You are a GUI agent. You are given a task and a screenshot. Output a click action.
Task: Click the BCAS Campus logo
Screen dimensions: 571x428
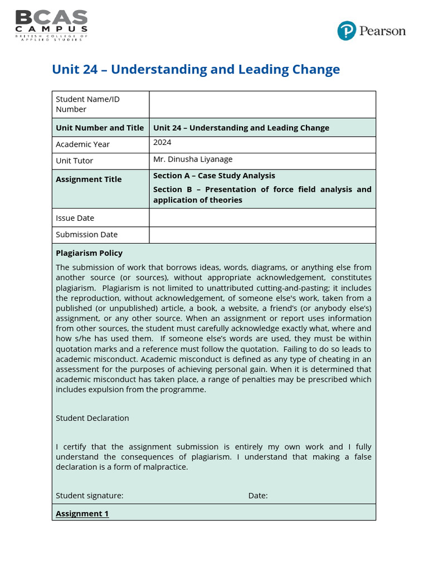click(51, 25)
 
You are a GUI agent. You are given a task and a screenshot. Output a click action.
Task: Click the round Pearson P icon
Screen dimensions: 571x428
click(346, 31)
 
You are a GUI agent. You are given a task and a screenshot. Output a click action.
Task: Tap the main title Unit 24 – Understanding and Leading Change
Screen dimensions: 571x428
click(196, 70)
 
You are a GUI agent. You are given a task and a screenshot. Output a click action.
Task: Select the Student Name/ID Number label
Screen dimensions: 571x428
click(87, 104)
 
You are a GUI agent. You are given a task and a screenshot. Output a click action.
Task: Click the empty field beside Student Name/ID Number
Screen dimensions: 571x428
click(262, 104)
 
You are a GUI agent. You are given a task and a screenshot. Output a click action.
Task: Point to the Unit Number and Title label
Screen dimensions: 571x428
click(100, 128)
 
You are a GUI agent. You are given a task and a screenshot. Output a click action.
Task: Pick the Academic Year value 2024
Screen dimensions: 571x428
click(162, 143)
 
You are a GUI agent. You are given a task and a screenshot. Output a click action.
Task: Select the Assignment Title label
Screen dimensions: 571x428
click(89, 179)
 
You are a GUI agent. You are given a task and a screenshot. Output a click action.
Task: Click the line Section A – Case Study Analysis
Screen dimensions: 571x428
click(214, 176)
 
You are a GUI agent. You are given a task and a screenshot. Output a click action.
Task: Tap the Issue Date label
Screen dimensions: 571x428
click(75, 218)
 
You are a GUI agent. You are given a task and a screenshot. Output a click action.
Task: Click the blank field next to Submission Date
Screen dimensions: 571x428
click(262, 235)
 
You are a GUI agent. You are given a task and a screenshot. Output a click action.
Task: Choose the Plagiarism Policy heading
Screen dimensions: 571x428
click(89, 253)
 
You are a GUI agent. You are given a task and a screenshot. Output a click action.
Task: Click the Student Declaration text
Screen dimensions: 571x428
click(93, 418)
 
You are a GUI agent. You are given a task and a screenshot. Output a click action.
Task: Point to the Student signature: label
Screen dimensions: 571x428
click(90, 495)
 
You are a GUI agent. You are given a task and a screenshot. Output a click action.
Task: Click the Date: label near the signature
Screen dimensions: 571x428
click(258, 495)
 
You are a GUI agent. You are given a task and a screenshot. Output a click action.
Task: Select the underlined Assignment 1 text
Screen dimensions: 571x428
click(82, 514)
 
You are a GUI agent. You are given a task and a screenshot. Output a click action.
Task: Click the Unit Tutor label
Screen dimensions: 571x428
click(75, 161)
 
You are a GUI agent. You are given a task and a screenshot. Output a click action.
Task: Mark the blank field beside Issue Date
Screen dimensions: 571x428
click(262, 217)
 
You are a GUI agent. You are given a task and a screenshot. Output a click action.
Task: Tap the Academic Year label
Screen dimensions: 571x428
click(82, 144)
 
